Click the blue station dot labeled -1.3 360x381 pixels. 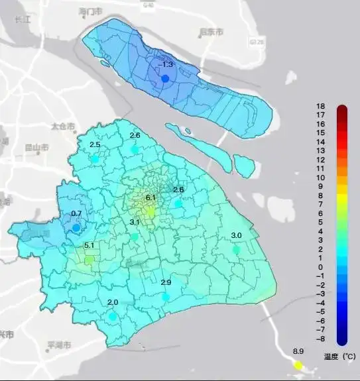click(x=165, y=78)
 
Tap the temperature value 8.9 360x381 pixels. click(x=298, y=351)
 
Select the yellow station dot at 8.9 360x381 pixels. click(x=298, y=365)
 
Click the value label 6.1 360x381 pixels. click(x=150, y=197)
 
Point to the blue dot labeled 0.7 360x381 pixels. click(x=76, y=227)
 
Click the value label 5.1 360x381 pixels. click(x=90, y=246)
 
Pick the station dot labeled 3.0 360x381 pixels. click(x=236, y=250)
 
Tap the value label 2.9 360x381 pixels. click(x=166, y=282)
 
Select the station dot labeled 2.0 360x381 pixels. click(x=113, y=317)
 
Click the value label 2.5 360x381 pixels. click(x=95, y=144)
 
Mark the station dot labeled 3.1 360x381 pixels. click(x=135, y=237)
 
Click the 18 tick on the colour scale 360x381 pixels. click(x=320, y=107)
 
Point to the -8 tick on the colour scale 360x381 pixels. click(x=320, y=338)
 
